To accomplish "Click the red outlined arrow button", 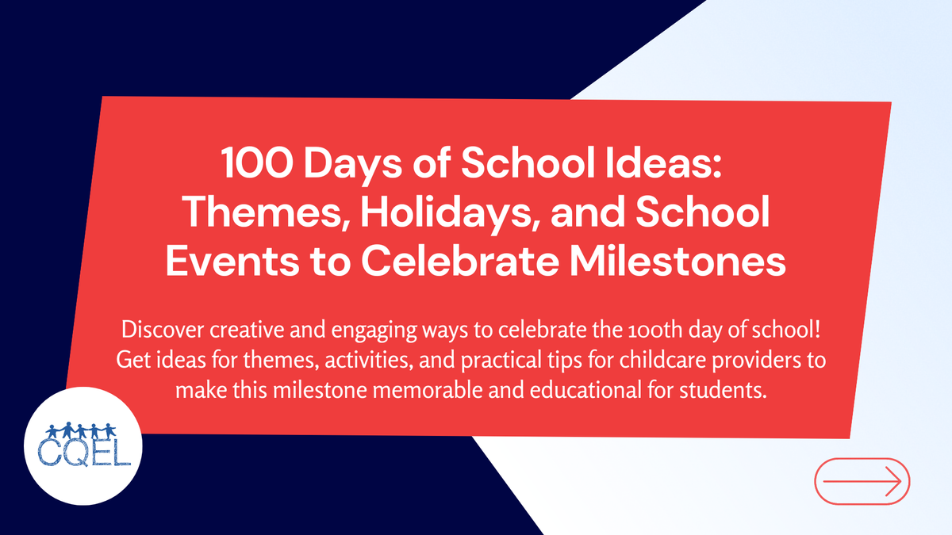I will (x=862, y=480).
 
